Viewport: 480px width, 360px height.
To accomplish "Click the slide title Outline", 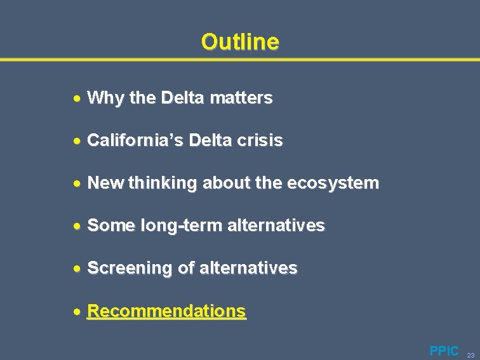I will pyautogui.click(x=240, y=42).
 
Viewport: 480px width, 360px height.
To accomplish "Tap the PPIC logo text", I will pyautogui.click(x=444, y=350).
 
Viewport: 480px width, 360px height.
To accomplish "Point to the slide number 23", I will pyautogui.click(x=470, y=355).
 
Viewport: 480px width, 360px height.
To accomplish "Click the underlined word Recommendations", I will pyautogui.click(x=166, y=311).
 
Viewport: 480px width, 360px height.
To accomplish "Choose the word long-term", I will pyautogui.click(x=169, y=225).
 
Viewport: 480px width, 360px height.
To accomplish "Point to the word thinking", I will pyautogui.click(x=163, y=183).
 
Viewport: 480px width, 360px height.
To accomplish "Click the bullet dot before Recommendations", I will pyautogui.click(x=76, y=312).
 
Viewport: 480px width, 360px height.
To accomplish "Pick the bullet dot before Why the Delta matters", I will pyautogui.click(x=76, y=98).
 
